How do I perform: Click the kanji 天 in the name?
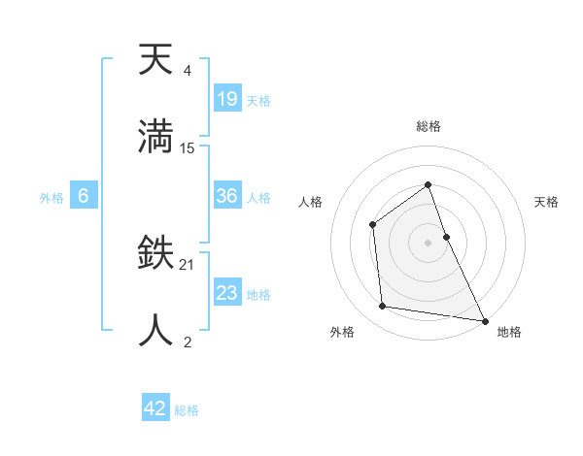pos(155,61)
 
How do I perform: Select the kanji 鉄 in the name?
pos(155,255)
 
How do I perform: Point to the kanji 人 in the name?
pos(155,329)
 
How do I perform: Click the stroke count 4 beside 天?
pos(187,72)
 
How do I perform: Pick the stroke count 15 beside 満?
pos(188,148)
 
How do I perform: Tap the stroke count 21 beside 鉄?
pos(188,265)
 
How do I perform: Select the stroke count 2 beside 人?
pos(187,342)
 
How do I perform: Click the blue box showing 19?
pos(227,98)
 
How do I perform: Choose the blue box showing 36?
pos(227,196)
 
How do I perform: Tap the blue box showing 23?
pos(227,293)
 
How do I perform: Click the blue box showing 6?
pos(84,196)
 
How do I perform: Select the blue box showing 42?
pos(155,408)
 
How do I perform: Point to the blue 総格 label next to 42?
pos(187,410)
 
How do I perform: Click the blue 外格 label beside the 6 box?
pos(51,198)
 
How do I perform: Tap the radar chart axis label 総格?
pos(428,126)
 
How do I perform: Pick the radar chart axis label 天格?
pos(547,202)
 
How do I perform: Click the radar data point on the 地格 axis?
pos(484,319)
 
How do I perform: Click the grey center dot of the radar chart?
pos(428,242)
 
